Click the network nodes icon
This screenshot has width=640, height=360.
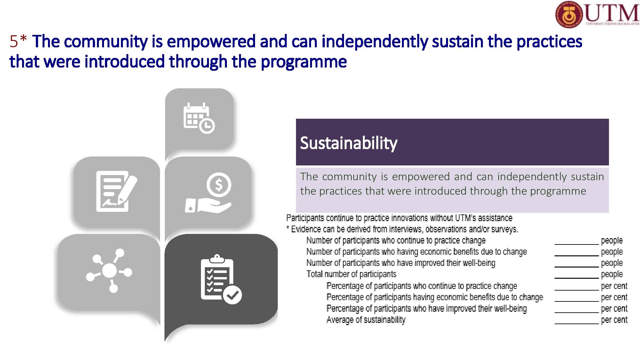point(109,271)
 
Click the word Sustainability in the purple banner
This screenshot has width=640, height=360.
point(348,143)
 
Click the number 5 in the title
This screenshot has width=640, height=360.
point(13,42)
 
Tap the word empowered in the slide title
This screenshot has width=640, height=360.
point(211,42)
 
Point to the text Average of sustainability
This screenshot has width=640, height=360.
point(366,320)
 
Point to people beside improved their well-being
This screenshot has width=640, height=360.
point(612,263)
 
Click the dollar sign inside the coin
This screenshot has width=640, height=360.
point(219,185)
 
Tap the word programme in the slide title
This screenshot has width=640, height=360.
point(304,61)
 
